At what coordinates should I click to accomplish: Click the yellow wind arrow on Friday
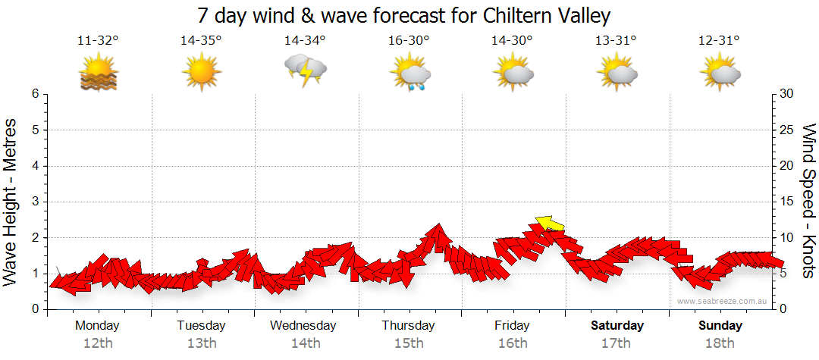click(x=550, y=223)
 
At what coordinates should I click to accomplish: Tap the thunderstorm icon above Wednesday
click(x=305, y=71)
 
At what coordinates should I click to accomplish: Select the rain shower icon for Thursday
click(x=409, y=74)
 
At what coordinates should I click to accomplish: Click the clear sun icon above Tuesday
click(x=201, y=74)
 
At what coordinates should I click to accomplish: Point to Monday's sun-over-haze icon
click(x=99, y=74)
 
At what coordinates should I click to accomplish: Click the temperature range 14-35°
click(x=201, y=41)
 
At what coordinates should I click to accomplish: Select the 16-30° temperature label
click(x=409, y=41)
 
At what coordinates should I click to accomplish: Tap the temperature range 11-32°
click(x=98, y=41)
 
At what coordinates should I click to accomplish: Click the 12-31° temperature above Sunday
click(x=719, y=41)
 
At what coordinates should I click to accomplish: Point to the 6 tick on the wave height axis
click(x=35, y=94)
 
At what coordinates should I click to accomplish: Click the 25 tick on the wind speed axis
click(x=788, y=130)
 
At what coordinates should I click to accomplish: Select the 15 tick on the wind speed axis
click(x=788, y=202)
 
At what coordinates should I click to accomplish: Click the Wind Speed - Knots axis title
click(x=808, y=202)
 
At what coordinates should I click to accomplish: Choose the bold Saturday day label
click(x=617, y=326)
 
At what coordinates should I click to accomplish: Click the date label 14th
click(x=305, y=343)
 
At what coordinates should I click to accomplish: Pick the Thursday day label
click(x=408, y=326)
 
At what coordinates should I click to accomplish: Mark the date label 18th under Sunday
click(x=720, y=343)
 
